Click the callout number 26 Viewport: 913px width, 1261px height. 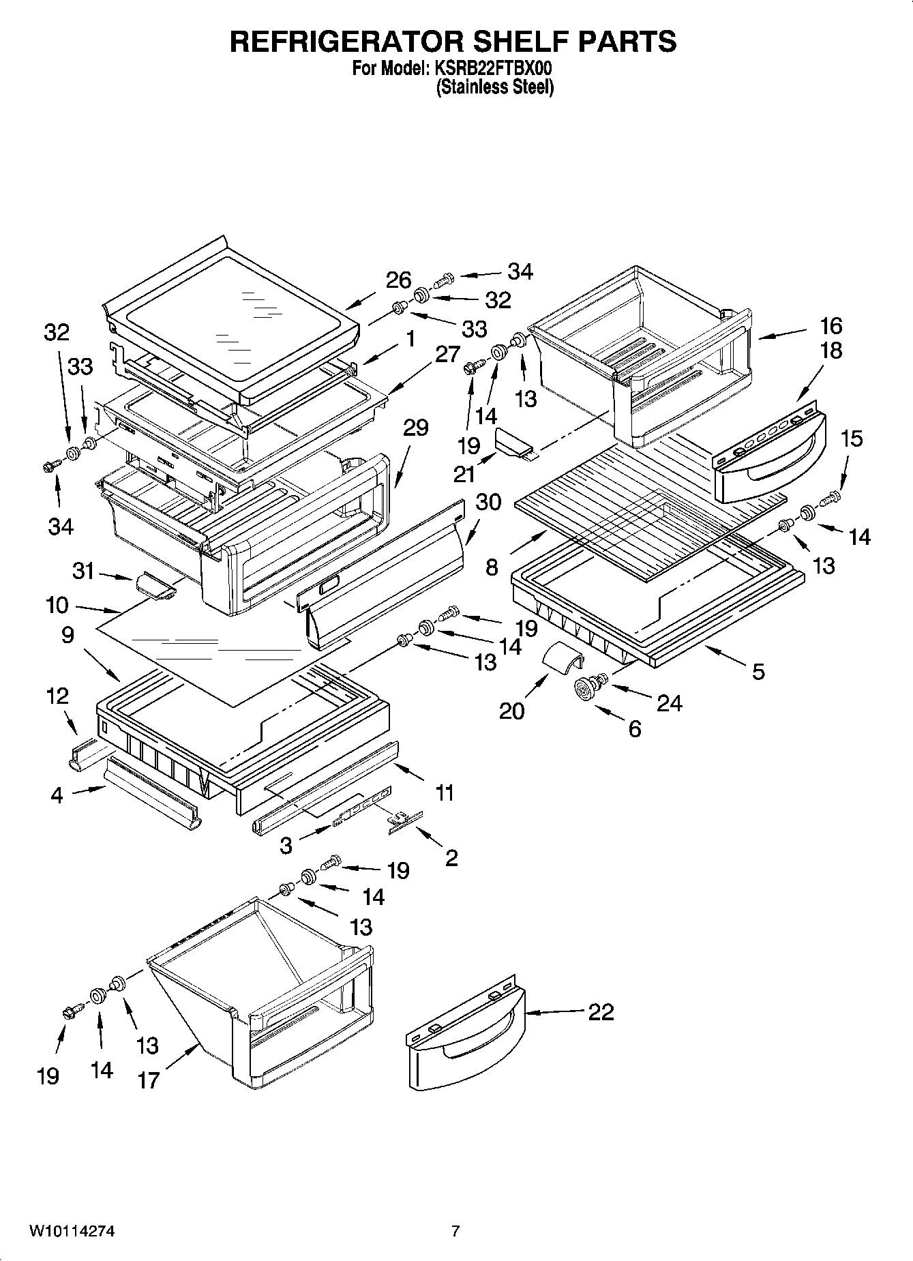point(399,280)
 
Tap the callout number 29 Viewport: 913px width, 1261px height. point(415,428)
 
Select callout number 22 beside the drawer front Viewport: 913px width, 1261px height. point(601,1011)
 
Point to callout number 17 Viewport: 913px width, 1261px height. point(148,1080)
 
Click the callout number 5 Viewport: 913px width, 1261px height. point(758,672)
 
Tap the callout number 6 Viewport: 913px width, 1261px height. point(634,728)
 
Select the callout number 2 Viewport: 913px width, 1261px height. point(451,857)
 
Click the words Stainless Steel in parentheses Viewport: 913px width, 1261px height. point(494,87)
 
